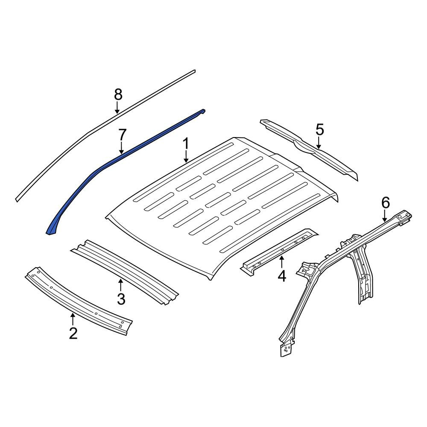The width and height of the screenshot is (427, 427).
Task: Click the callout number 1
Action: click(x=186, y=143)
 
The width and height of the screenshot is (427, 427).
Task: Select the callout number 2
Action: click(x=73, y=333)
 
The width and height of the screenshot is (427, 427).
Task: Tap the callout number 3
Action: click(x=121, y=299)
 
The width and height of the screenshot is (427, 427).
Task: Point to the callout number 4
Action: click(x=282, y=275)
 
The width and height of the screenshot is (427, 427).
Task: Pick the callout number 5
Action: click(x=320, y=130)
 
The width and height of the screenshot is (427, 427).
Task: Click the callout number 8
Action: click(x=118, y=95)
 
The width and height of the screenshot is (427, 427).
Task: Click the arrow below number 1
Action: click(x=186, y=157)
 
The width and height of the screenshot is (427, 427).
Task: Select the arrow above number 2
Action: click(x=73, y=319)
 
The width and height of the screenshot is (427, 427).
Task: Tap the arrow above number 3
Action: click(x=120, y=285)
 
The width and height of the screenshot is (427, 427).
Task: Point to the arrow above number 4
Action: click(x=281, y=262)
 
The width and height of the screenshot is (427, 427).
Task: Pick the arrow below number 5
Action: click(x=319, y=143)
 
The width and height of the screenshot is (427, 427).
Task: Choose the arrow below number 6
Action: click(x=385, y=216)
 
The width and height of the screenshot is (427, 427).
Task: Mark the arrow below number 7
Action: click(x=121, y=149)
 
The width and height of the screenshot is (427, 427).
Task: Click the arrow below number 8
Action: click(x=117, y=108)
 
